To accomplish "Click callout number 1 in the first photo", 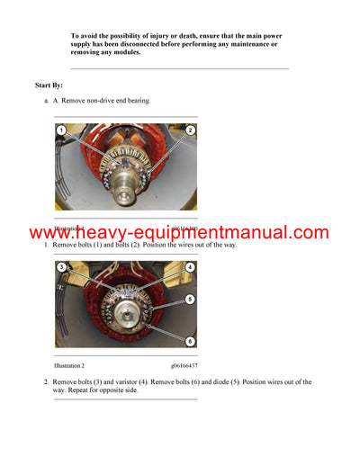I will click(x=61, y=131).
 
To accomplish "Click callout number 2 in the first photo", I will click(x=191, y=131).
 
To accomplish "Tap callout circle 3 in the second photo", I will click(x=61, y=267).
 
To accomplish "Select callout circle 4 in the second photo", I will click(x=191, y=267).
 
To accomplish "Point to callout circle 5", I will click(x=191, y=299).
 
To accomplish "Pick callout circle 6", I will click(x=191, y=341).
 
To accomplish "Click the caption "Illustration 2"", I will click(x=69, y=366).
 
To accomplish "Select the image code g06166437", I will click(x=184, y=366).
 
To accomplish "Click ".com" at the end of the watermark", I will click(x=309, y=233).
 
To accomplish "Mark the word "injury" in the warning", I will click(x=163, y=35).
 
